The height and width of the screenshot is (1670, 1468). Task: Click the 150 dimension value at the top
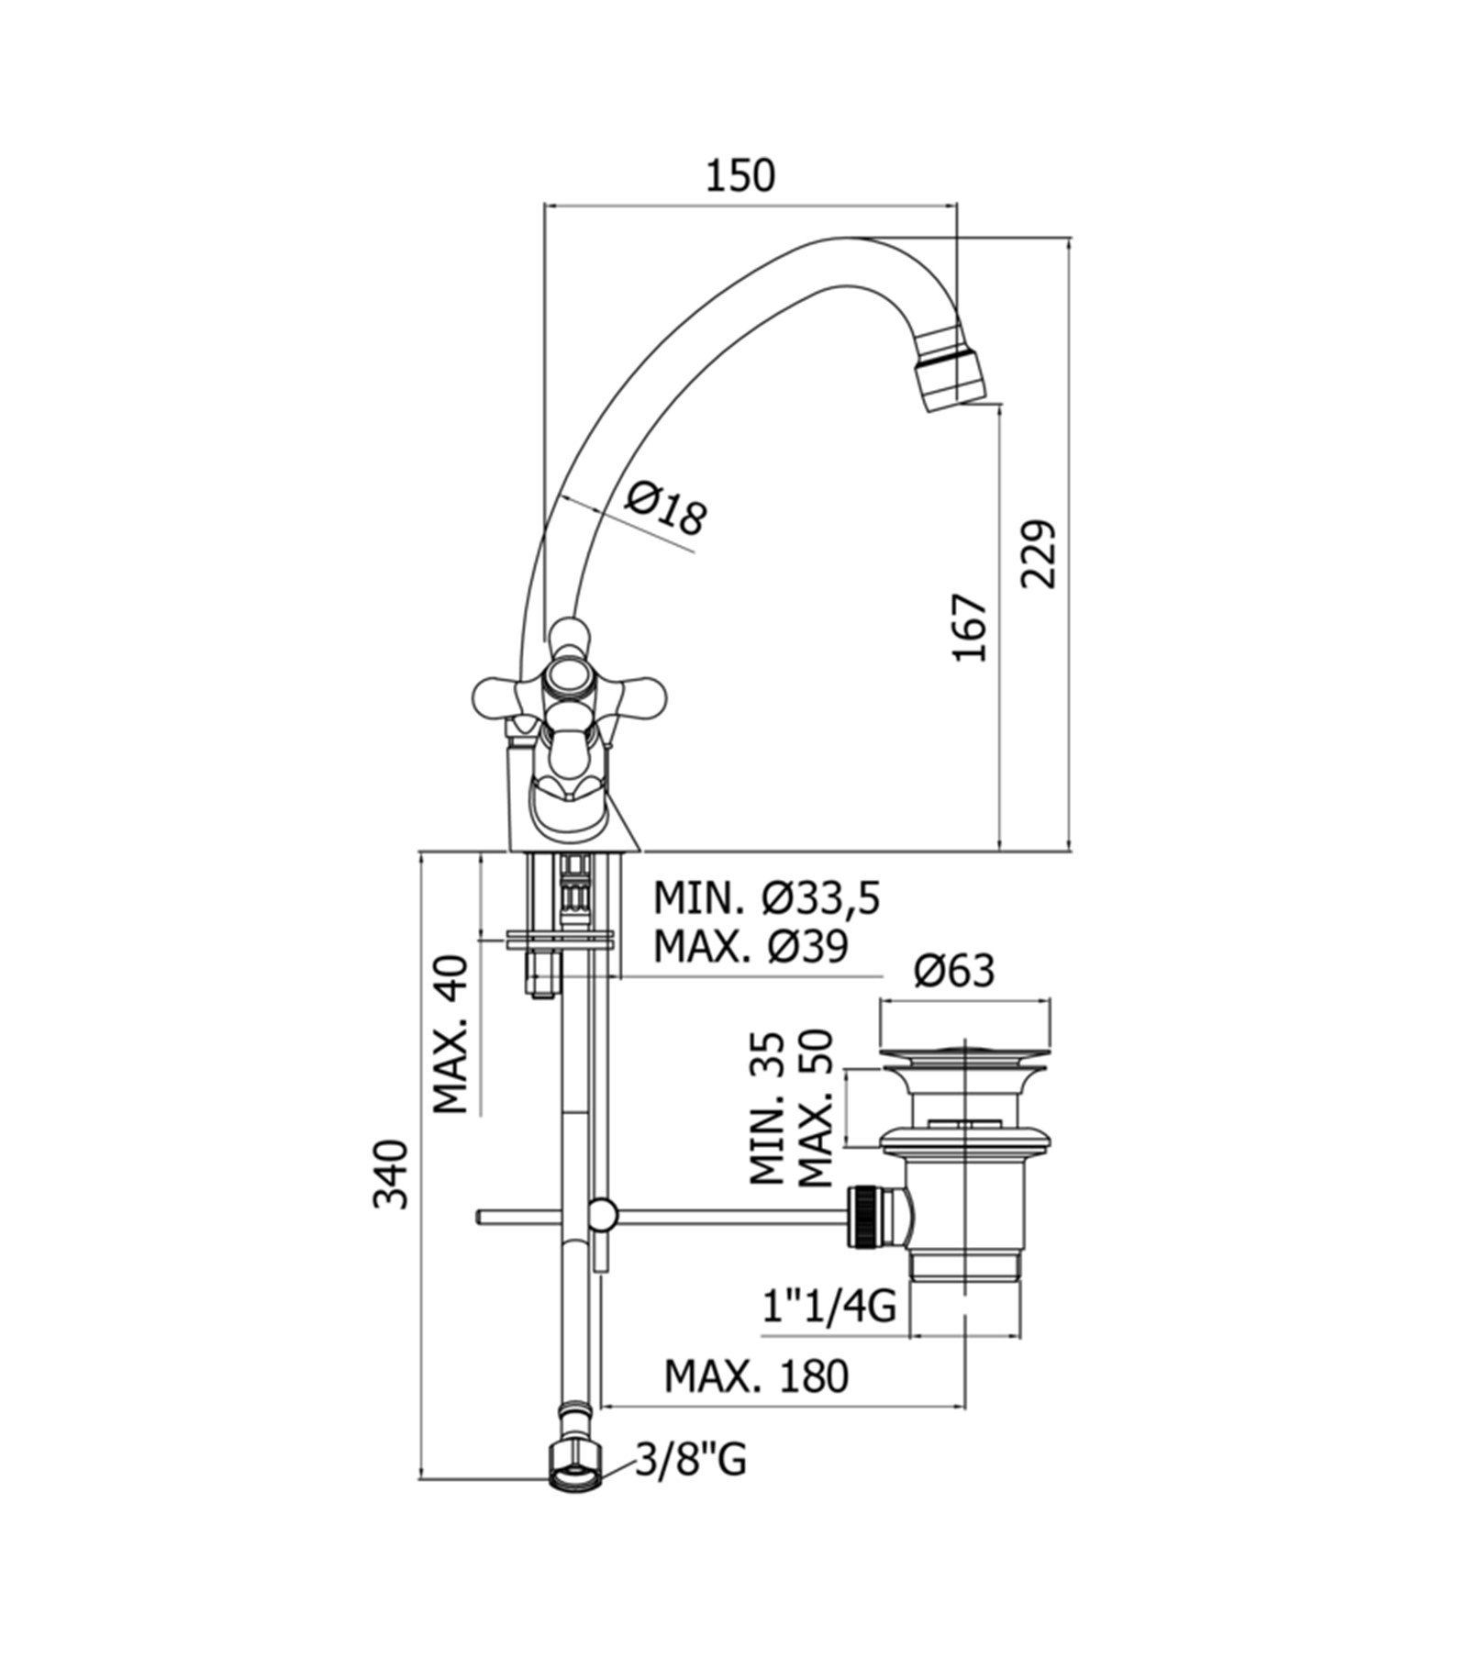pyautogui.click(x=740, y=175)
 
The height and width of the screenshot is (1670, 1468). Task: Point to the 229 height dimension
pyautogui.click(x=1039, y=554)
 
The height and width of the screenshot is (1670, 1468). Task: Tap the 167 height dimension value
pyautogui.click(x=969, y=628)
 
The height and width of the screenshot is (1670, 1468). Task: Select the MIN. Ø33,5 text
pyautogui.click(x=766, y=898)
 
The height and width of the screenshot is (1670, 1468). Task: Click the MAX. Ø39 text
pyautogui.click(x=751, y=946)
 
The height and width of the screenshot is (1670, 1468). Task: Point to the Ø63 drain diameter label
pyautogui.click(x=954, y=970)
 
